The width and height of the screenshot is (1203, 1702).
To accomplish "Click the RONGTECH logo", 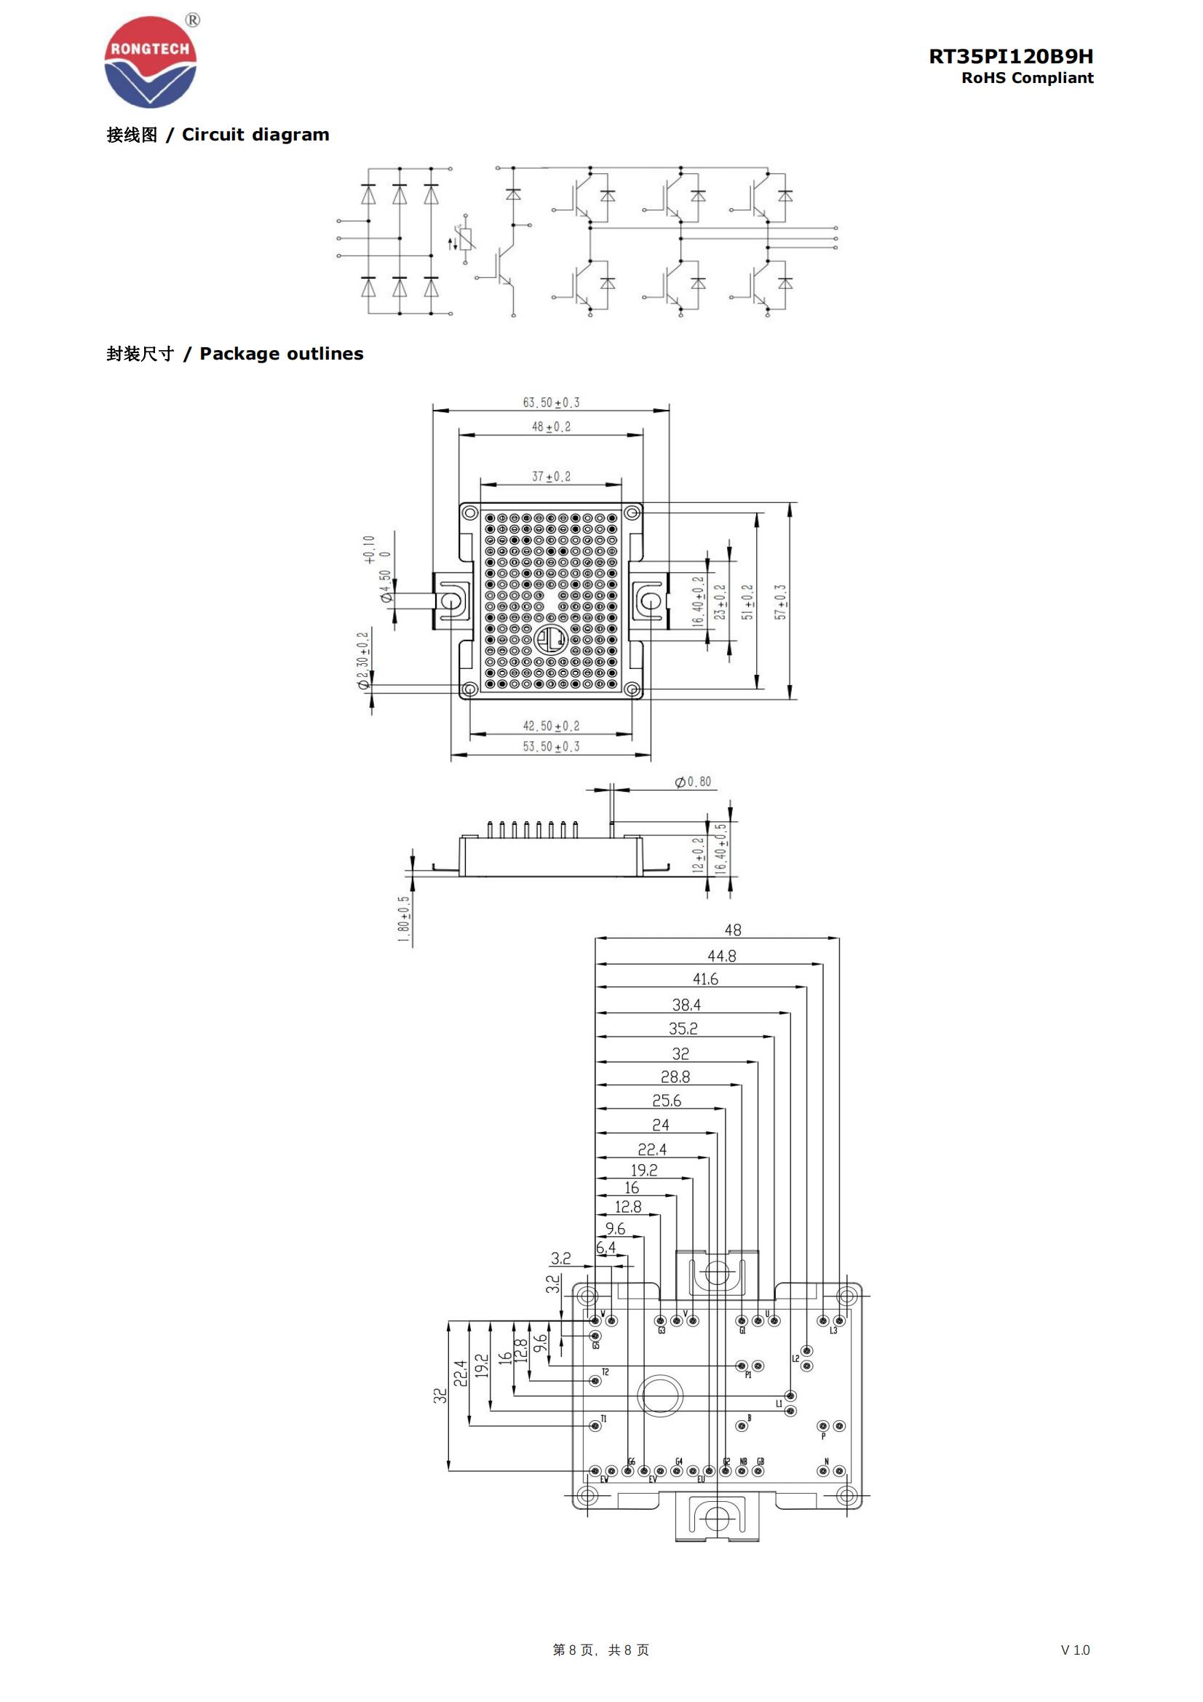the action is [151, 63].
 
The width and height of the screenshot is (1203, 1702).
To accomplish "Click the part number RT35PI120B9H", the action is [1010, 56].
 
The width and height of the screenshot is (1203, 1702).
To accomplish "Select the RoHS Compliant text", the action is [1027, 78].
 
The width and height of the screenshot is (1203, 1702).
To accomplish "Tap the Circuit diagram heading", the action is [218, 135].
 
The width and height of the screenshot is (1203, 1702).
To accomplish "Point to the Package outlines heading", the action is [235, 354].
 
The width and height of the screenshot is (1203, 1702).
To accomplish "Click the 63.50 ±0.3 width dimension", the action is [551, 403].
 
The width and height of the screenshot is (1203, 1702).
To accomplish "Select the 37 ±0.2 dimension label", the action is [551, 477].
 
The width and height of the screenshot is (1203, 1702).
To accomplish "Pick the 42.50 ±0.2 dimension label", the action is [551, 726].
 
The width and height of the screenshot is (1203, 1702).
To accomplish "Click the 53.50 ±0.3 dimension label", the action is [551, 746].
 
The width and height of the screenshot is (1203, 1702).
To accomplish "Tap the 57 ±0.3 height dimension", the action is [780, 602].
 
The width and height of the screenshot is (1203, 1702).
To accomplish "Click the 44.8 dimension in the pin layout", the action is [721, 957].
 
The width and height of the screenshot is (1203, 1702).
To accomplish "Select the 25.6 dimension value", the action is [667, 1101].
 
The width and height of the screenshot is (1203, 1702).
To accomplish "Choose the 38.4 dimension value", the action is [686, 1005].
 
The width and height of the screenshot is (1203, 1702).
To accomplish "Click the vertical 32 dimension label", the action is [440, 1396].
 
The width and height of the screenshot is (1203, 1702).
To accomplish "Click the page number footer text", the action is [600, 1650].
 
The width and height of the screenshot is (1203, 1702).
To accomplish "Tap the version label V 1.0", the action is [1074, 1650].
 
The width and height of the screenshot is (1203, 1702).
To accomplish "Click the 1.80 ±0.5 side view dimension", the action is [404, 919].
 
